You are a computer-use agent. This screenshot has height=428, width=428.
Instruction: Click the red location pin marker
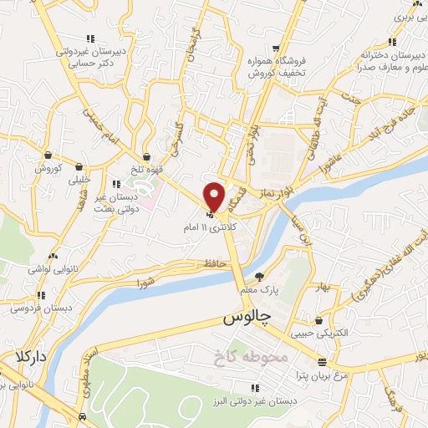(215, 196)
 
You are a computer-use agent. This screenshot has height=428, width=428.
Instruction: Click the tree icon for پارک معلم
(260, 277)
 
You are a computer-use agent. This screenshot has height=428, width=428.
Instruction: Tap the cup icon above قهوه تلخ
(147, 155)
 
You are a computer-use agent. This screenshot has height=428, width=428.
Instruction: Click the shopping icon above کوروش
(49, 155)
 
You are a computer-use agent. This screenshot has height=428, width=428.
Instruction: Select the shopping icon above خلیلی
(79, 166)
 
